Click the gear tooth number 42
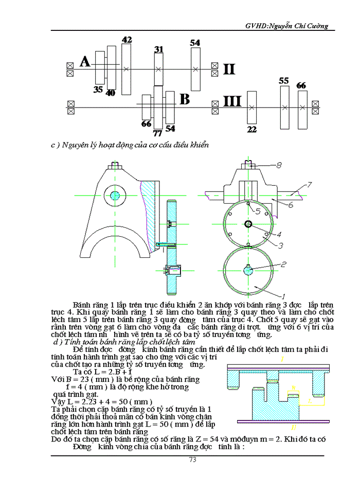point(127,39)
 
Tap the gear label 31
point(159,49)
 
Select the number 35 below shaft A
point(98,90)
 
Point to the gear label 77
point(158,133)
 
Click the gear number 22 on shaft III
point(251,130)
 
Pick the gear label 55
point(284,81)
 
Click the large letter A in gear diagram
point(85,62)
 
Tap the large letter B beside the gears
point(184,99)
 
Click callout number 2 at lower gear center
point(283,264)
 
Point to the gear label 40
point(111,93)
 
